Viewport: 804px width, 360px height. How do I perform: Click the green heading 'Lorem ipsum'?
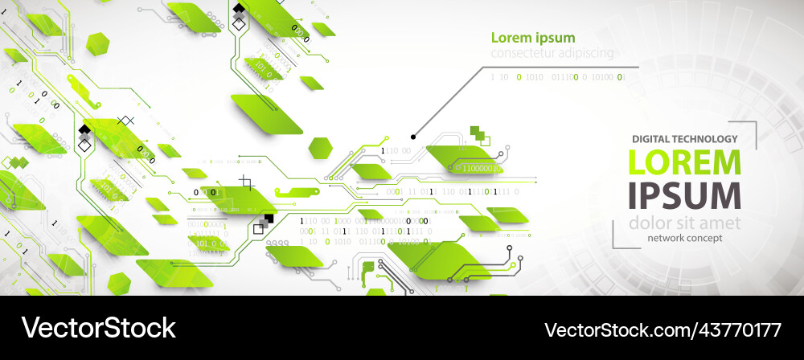[x=533, y=38]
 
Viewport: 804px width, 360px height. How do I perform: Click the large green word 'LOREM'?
[x=683, y=162]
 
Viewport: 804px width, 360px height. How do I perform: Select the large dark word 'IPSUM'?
[x=683, y=196]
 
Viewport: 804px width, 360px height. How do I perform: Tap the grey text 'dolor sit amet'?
[x=683, y=223]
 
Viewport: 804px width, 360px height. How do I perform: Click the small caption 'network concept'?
[x=684, y=238]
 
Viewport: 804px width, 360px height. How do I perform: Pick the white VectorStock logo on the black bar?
[x=98, y=328]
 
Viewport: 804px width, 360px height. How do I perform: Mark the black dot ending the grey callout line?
[x=413, y=137]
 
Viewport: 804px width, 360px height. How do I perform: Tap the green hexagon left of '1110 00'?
[x=321, y=148]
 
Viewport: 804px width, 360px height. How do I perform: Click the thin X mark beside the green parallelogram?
[x=125, y=121]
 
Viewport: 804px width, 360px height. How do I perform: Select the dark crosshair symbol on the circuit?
[x=247, y=183]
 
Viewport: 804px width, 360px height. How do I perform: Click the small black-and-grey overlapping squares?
[x=263, y=224]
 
